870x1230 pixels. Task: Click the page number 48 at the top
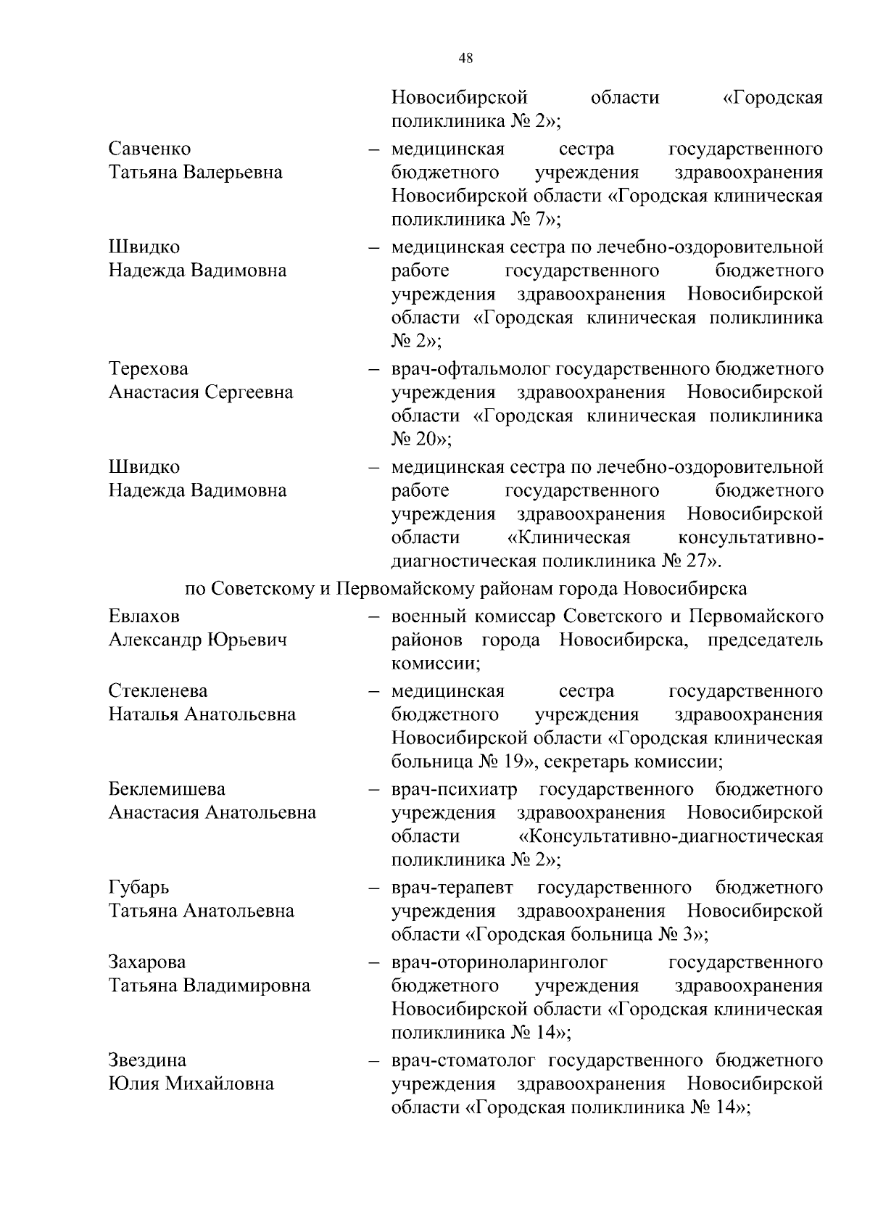(466, 59)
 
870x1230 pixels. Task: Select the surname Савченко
(150, 149)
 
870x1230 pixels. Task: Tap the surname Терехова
(149, 369)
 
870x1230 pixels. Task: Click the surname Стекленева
(158, 691)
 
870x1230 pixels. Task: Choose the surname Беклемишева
(167, 789)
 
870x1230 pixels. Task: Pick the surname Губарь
(139, 888)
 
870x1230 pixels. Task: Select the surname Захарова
(147, 962)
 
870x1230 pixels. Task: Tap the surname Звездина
(147, 1060)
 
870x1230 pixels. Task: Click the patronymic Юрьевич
(247, 640)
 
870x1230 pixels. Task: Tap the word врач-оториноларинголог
(500, 962)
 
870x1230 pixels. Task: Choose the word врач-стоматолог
(463, 1060)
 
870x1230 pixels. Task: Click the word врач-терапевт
(452, 888)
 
